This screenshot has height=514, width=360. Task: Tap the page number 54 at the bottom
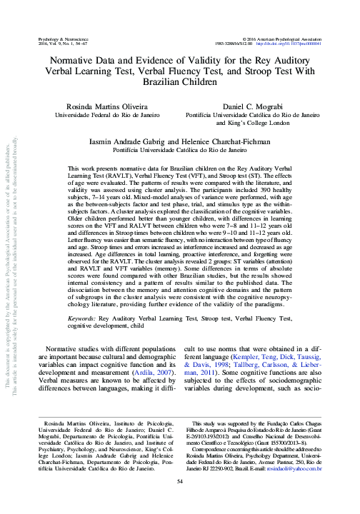pyautogui.click(x=181, y=500)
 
